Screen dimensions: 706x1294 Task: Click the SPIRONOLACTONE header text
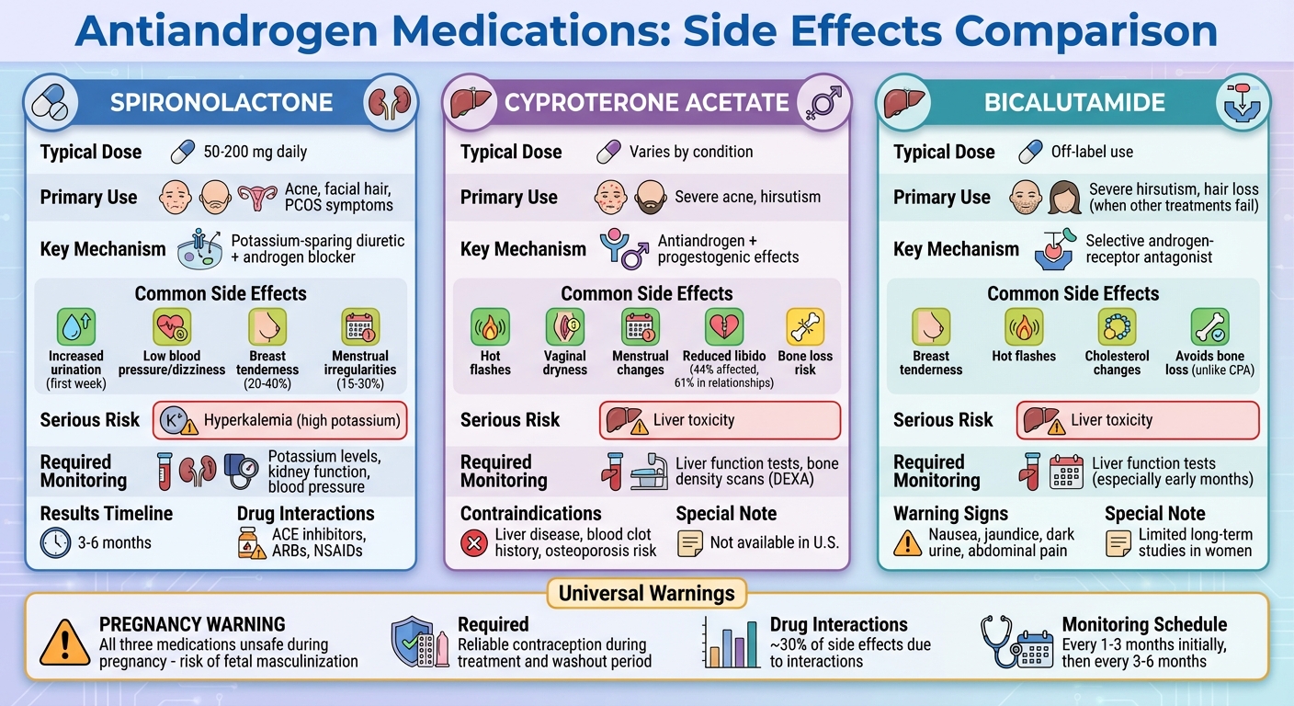pos(221,102)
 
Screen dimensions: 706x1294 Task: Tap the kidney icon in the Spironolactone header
pos(387,103)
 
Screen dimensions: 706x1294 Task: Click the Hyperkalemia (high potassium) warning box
pos(279,421)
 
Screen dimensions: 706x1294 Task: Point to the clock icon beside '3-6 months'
pos(56,542)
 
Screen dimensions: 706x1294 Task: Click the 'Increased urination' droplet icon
pos(76,326)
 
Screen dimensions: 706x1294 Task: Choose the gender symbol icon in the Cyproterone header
pos(820,103)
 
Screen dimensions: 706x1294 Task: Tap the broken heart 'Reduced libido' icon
pos(724,326)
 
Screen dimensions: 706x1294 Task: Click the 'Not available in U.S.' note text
pos(774,542)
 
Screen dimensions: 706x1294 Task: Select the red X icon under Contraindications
pos(473,542)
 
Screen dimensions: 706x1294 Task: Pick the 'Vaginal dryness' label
pos(565,362)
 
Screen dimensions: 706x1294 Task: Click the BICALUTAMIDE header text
pos(1075,102)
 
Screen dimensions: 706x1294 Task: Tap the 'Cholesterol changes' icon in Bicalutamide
pos(1117,326)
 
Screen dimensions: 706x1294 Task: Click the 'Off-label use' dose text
pos(1092,152)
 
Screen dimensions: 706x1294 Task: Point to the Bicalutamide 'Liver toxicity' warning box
pos(1138,421)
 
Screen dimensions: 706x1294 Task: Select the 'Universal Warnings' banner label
pos(647,593)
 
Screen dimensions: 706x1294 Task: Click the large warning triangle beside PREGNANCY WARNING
pos(64,641)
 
